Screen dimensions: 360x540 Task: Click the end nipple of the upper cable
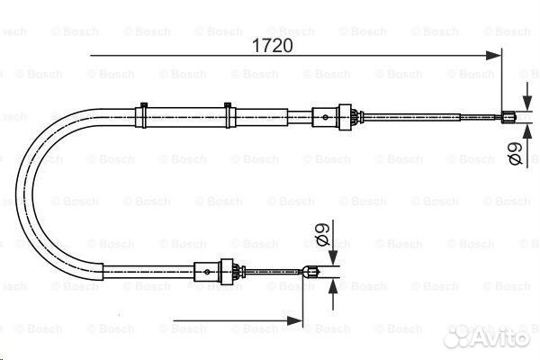pos(508,114)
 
